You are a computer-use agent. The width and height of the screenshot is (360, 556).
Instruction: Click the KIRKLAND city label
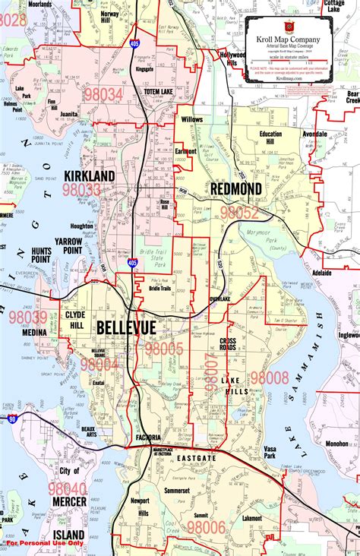click(90, 175)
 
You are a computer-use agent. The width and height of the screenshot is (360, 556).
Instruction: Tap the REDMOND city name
click(236, 188)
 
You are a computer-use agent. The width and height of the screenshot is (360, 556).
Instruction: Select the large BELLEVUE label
click(125, 328)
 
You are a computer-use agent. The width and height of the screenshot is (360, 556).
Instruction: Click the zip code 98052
click(239, 213)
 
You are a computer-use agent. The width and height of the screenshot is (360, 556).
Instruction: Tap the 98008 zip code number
click(270, 378)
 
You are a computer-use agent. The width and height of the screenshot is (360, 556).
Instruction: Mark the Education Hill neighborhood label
click(270, 137)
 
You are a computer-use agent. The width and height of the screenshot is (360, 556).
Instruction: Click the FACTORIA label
click(149, 439)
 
